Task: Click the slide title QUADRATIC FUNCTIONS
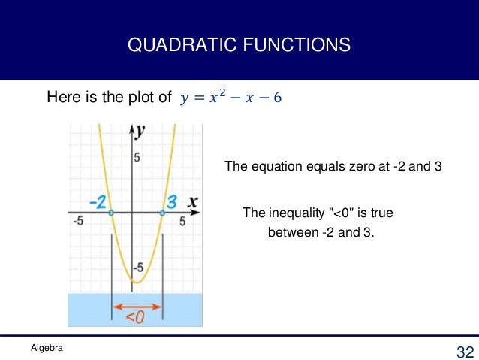[x=239, y=46]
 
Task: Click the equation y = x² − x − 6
[x=231, y=98]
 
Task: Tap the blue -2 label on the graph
[x=98, y=201]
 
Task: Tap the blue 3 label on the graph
[x=171, y=201]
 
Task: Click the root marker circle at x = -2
[x=111, y=213]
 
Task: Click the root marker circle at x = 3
[x=163, y=213]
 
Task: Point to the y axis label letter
[x=140, y=130]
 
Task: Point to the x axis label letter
[x=192, y=201]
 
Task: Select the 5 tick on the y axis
[x=137, y=157]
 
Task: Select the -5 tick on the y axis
[x=137, y=268]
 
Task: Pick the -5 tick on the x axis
[x=77, y=221]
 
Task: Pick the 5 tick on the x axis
[x=182, y=221]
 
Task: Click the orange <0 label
[x=135, y=318]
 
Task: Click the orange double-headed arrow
[x=137, y=306]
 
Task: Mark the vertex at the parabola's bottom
[x=135, y=282]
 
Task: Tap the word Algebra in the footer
[x=47, y=348]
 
